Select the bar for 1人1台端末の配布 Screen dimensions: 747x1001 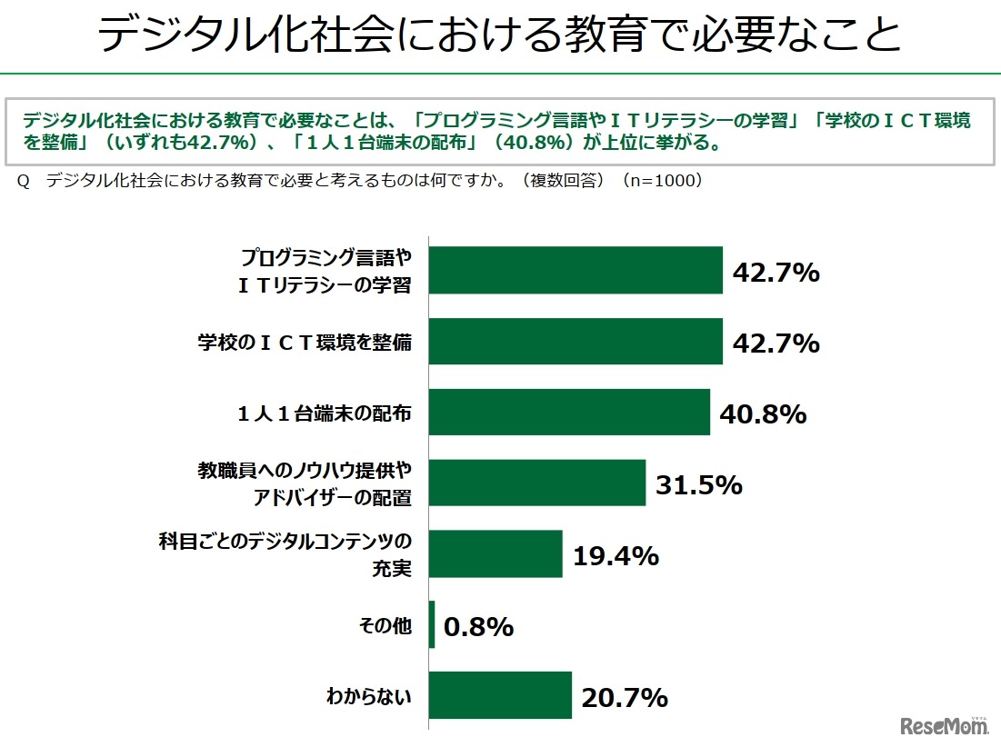(x=569, y=413)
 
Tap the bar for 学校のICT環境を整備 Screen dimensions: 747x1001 (x=576, y=342)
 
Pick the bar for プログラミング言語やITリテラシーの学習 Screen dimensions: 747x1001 (x=576, y=271)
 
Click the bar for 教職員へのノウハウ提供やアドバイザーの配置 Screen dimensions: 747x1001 (x=536, y=483)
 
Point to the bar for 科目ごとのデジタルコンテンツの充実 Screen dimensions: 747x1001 (x=495, y=554)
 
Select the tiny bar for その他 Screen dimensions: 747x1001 (x=432, y=625)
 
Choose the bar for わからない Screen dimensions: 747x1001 (x=500, y=696)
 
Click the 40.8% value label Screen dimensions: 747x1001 (x=763, y=414)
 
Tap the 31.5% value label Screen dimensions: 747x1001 (x=698, y=485)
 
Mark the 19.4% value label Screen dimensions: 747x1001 (x=616, y=556)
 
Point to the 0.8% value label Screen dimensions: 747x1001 (x=478, y=627)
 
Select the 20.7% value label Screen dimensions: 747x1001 (x=625, y=698)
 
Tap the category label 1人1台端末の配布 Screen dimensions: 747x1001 (x=324, y=413)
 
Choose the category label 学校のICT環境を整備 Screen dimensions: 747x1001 (x=305, y=343)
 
